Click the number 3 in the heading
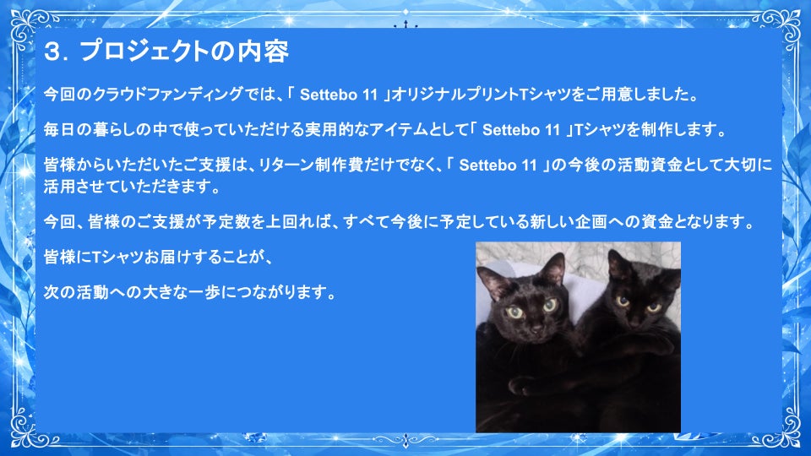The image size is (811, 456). click(x=52, y=52)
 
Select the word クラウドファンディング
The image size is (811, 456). click(x=167, y=94)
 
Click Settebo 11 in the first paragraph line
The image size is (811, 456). click(x=339, y=95)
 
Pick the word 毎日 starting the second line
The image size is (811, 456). click(x=59, y=129)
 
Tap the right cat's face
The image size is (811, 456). click(x=636, y=305)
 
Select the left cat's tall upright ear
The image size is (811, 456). click(x=554, y=269)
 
